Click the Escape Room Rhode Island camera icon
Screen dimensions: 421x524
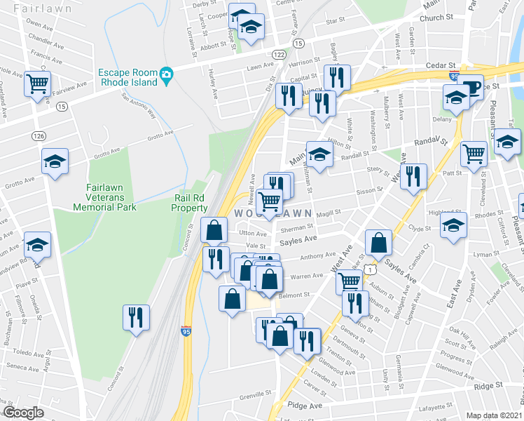[167, 74]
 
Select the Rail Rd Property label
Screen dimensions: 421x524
[191, 203]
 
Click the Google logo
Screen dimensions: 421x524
[23, 413]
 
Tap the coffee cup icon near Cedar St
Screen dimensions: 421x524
[471, 87]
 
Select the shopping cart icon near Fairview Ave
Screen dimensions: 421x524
[37, 84]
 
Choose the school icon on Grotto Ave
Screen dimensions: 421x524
[54, 162]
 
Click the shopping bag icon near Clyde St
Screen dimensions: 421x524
[378, 243]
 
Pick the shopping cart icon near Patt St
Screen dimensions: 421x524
[474, 152]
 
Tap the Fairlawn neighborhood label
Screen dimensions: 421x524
[34, 9]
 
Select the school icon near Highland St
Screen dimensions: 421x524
[453, 226]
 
